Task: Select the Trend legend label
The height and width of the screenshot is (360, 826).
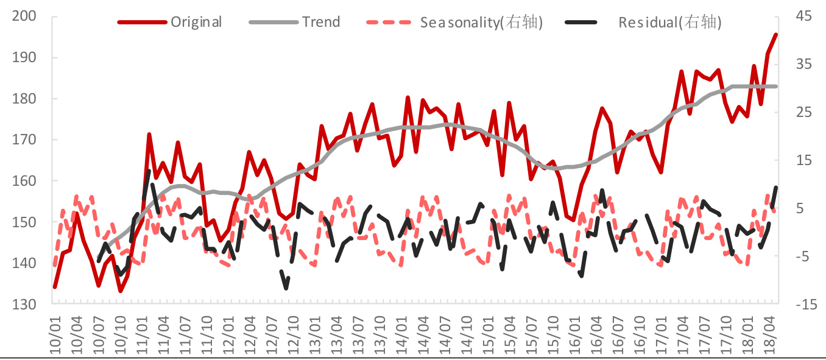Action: (x=321, y=23)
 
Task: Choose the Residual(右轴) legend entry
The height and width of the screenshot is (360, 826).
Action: (x=669, y=23)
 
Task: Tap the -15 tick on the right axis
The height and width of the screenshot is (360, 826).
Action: (x=803, y=305)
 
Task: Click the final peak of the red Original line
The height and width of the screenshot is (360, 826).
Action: (x=775, y=35)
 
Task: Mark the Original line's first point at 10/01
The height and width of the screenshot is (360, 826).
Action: (x=55, y=287)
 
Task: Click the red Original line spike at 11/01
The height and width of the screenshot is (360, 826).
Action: (x=149, y=135)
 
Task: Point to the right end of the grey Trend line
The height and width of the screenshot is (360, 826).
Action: (x=775, y=86)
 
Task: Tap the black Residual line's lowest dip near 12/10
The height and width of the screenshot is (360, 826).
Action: (x=286, y=288)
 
